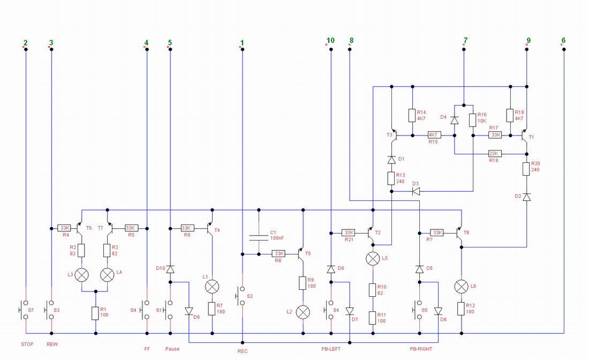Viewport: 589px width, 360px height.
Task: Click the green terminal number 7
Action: [465, 40]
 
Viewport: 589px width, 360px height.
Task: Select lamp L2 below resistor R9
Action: [303, 312]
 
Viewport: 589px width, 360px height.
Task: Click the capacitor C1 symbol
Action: [259, 237]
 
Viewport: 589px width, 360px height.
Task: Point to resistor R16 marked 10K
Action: [473, 120]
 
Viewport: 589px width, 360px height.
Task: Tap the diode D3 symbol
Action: [416, 191]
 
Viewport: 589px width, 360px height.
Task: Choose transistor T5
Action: [301, 254]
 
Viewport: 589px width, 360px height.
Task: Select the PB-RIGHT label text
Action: [421, 349]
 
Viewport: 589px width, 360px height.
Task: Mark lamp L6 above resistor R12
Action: [461, 287]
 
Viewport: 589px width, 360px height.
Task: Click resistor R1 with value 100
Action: [96, 313]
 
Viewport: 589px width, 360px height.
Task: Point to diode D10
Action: [170, 269]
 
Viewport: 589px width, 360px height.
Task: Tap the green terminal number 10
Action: [330, 40]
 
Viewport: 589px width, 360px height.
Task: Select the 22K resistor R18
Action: [494, 154]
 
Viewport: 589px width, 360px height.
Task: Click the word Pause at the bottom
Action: [172, 349]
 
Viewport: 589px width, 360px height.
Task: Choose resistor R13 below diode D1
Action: [391, 178]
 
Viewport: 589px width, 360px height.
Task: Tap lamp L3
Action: [82, 275]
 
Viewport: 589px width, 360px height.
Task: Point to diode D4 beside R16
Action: [455, 120]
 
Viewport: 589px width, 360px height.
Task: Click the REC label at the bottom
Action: [242, 351]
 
